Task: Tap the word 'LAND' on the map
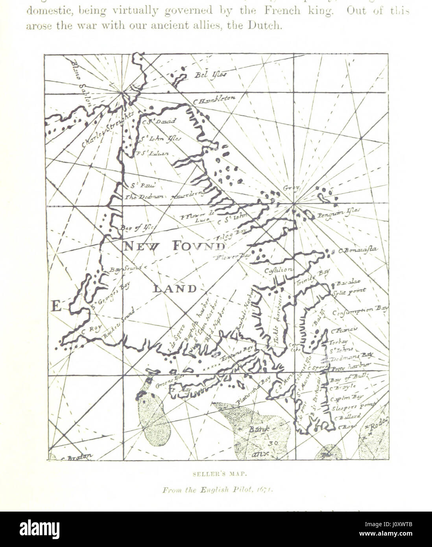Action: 175,288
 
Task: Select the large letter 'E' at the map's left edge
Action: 56,306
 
